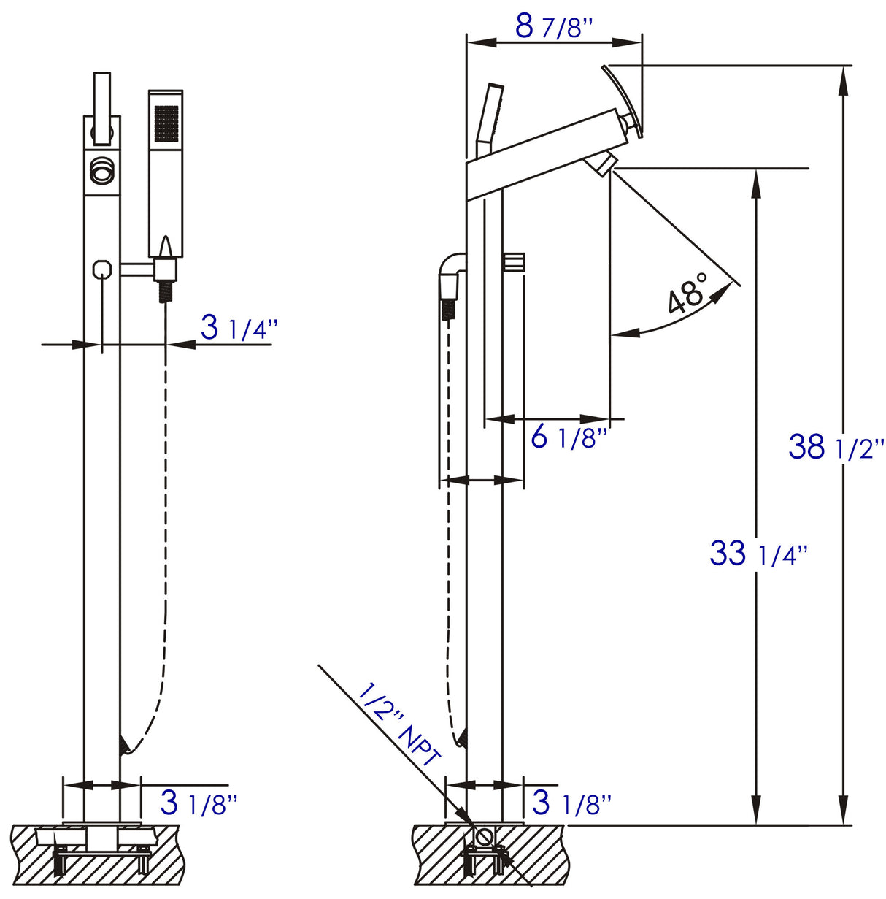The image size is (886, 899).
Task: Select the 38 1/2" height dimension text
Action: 836,446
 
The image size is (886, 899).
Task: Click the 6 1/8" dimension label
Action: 569,437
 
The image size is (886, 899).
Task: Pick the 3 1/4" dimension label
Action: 239,328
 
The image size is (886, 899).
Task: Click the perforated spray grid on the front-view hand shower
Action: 166,123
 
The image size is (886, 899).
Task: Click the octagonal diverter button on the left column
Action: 102,269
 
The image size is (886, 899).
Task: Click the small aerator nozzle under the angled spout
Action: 604,164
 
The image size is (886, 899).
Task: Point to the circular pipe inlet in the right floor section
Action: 482,836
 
